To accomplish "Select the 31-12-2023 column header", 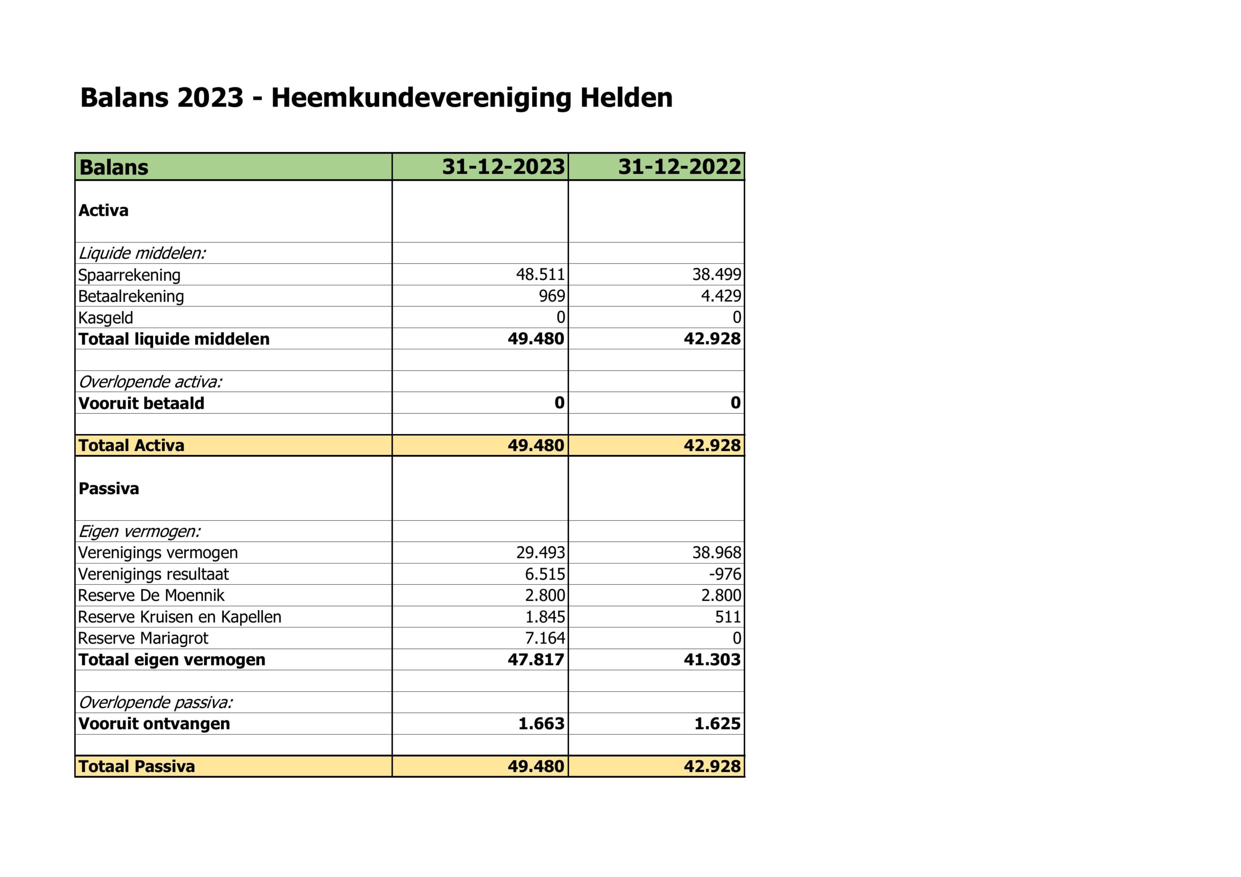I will click(503, 166).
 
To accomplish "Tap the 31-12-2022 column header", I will click(680, 166).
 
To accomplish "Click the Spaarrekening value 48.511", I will click(540, 275).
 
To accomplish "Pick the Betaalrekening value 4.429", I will click(720, 296).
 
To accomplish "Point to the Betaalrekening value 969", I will click(551, 296).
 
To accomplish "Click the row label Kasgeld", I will click(105, 318).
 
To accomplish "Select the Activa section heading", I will click(103, 210).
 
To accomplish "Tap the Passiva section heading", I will click(109, 488).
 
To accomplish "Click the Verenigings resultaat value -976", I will click(725, 574).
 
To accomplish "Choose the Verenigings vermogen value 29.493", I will click(540, 552).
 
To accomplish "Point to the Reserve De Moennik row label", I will click(151, 595).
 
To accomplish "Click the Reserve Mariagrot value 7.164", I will click(545, 638).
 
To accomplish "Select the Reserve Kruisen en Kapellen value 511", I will click(728, 616).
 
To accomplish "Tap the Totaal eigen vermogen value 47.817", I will click(536, 660).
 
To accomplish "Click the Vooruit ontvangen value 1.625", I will click(717, 723).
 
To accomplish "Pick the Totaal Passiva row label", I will click(137, 766).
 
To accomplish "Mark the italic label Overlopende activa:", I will click(150, 382).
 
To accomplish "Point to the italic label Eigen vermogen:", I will click(140, 531).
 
